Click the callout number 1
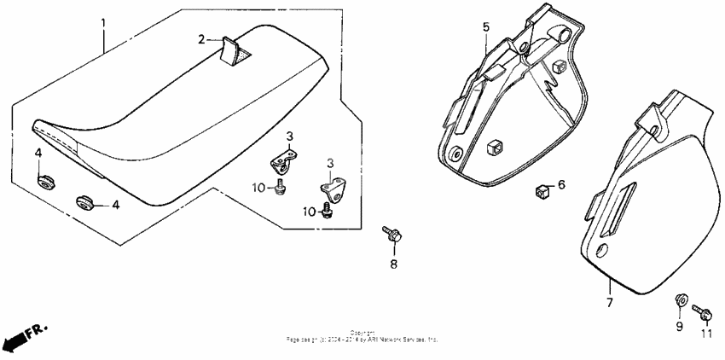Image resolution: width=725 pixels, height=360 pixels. (104, 20)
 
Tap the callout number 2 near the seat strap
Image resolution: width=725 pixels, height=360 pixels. (202, 39)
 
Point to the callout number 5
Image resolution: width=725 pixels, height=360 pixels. (486, 27)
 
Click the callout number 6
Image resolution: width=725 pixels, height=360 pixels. (561, 184)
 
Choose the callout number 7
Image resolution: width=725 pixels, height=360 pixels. (609, 302)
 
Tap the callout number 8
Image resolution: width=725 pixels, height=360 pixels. (393, 264)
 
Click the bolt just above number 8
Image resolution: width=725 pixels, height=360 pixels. (393, 234)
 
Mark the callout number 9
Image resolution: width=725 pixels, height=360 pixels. (680, 326)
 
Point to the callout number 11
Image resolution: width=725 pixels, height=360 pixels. (705, 335)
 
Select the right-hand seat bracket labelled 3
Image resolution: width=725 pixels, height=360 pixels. (333, 188)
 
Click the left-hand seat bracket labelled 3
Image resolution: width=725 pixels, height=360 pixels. (286, 160)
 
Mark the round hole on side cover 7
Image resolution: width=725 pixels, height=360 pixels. (603, 251)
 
